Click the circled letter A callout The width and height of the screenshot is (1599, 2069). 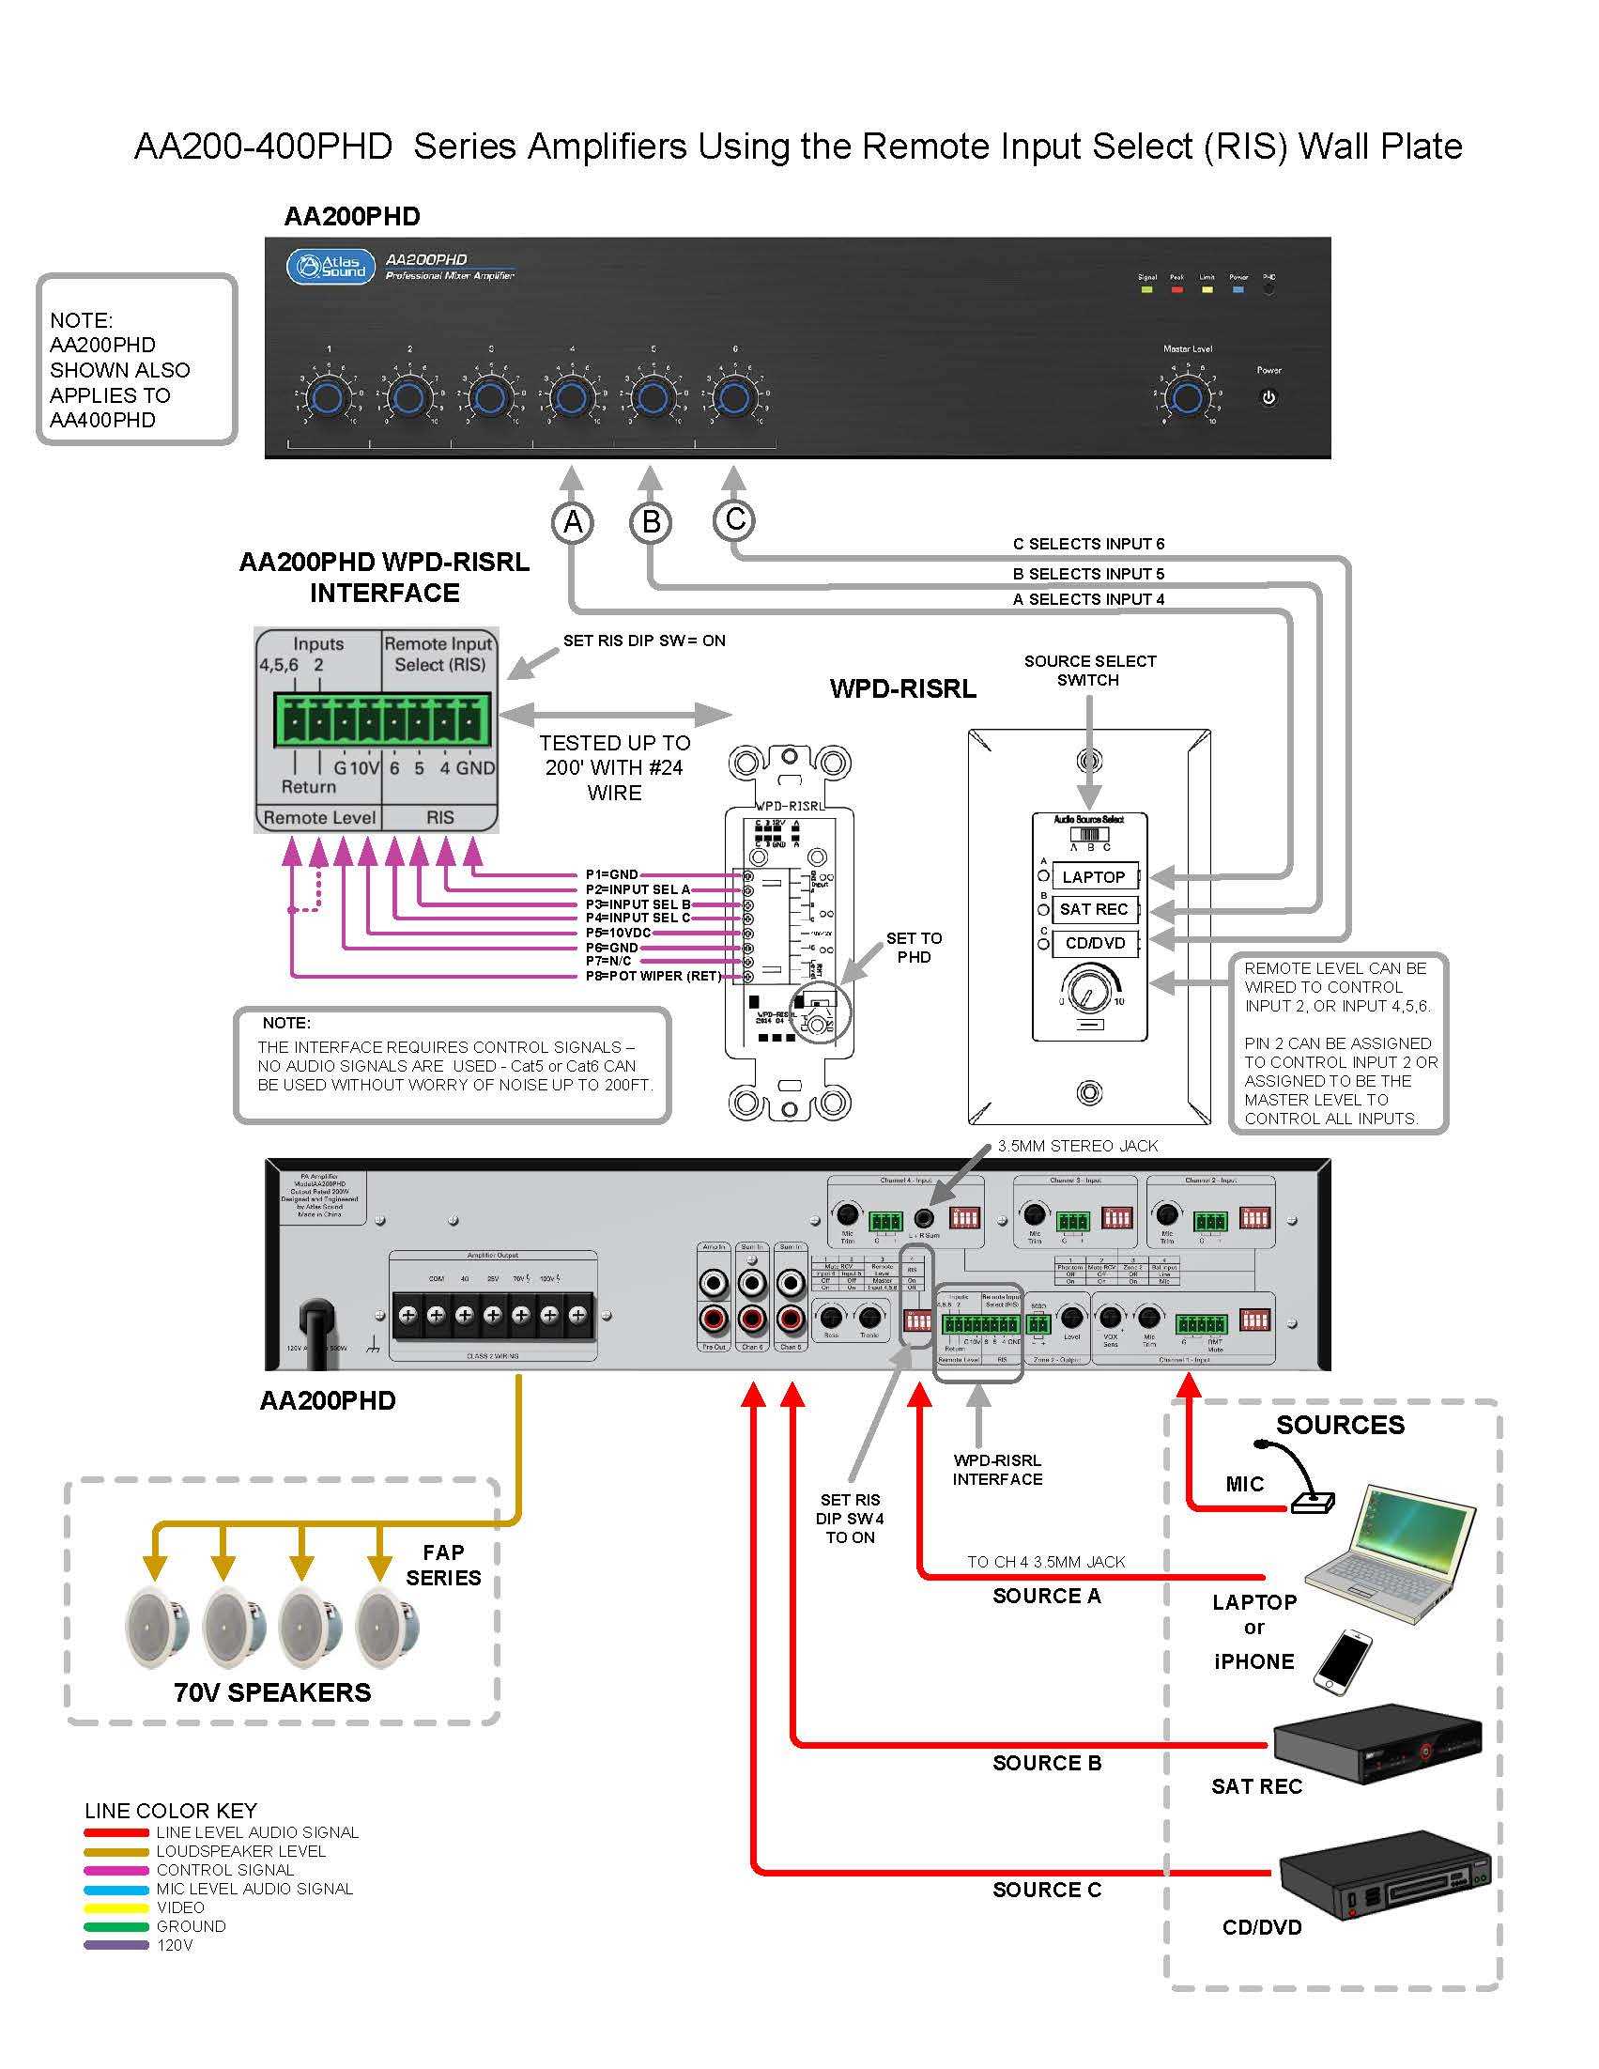click(x=573, y=522)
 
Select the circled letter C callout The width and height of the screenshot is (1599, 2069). click(x=735, y=519)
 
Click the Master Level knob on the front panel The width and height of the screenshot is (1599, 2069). click(x=1187, y=397)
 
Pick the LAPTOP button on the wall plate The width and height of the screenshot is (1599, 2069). click(x=1094, y=877)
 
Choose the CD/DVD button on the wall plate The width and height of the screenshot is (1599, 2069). click(x=1095, y=944)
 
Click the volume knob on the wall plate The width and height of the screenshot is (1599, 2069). click(x=1088, y=989)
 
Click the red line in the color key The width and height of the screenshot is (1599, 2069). click(x=115, y=1833)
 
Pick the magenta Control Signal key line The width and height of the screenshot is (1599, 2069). click(x=115, y=1871)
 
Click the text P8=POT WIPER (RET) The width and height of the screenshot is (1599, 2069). click(x=653, y=976)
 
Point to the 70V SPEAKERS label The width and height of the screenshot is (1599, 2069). click(x=273, y=1693)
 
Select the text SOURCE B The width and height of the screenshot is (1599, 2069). click(x=1047, y=1763)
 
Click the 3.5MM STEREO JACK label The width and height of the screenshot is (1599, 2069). click(x=1077, y=1147)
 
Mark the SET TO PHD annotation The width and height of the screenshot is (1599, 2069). click(x=914, y=948)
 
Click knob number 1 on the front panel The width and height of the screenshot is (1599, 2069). click(x=328, y=397)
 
